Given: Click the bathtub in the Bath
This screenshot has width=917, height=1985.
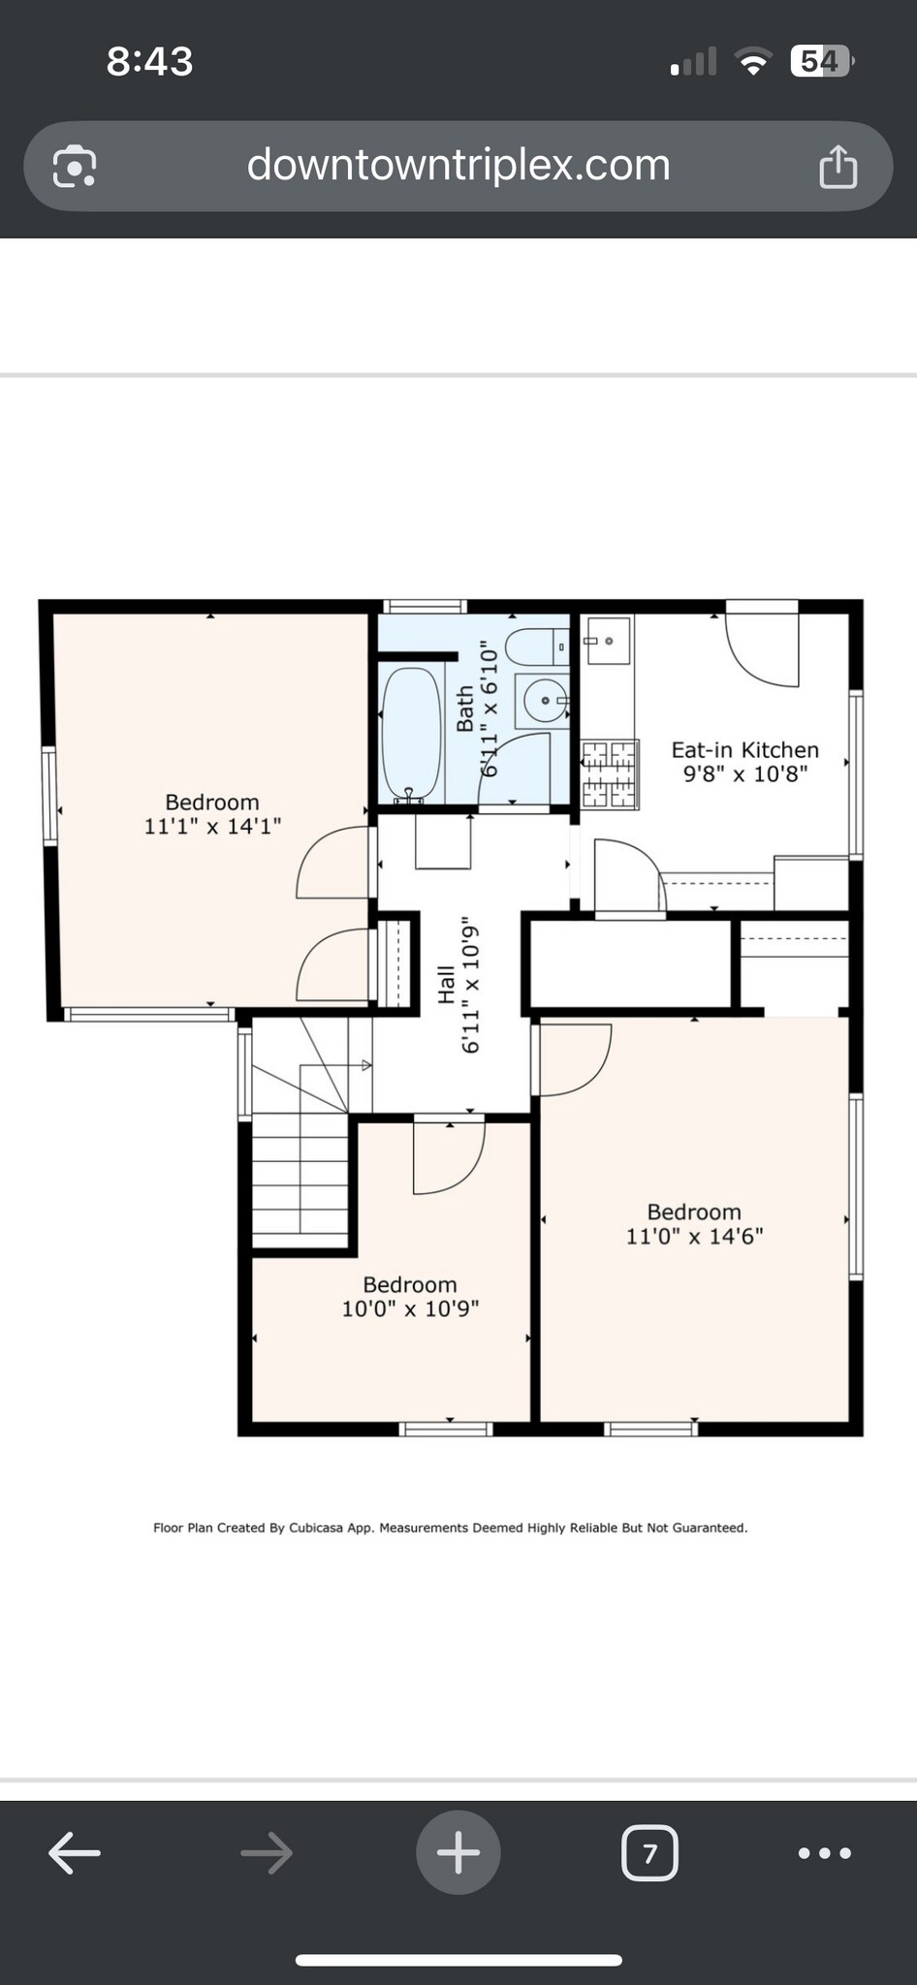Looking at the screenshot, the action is click(412, 734).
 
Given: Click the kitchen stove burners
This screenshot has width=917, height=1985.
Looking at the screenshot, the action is click(610, 774).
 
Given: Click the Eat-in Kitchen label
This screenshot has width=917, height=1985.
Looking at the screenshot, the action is click(744, 750).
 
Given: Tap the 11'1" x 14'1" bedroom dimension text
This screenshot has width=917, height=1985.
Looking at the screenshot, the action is click(212, 827).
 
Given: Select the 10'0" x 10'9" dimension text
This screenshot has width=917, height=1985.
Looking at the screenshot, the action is click(410, 1309).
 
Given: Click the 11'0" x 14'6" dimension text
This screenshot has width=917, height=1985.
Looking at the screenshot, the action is click(694, 1237).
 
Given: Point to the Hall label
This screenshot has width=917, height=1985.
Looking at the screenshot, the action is click(446, 985).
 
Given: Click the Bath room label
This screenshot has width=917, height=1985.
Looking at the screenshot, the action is click(465, 709).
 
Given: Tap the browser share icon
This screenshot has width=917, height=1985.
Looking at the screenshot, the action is click(838, 166).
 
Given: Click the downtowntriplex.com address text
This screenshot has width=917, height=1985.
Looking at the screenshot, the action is click(458, 165).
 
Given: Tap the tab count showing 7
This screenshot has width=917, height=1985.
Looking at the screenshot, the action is click(649, 1853).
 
